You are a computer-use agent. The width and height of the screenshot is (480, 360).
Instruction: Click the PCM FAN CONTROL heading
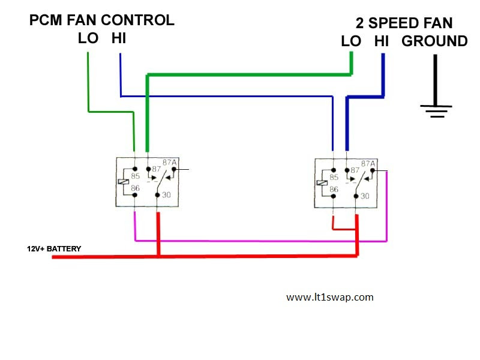coord(102,20)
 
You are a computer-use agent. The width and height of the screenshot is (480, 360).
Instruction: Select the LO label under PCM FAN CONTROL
coord(88,39)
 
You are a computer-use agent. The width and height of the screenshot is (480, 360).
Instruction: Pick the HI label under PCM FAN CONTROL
coord(119,39)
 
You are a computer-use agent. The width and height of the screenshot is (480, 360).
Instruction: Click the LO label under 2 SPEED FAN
coord(351,41)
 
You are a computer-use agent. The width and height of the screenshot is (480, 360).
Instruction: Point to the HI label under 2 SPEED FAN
coord(382,41)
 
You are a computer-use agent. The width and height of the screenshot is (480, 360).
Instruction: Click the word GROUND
coord(434,41)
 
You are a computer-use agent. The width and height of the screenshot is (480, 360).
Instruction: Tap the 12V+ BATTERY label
coord(54,248)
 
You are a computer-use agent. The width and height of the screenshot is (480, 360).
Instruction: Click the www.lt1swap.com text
coord(330,297)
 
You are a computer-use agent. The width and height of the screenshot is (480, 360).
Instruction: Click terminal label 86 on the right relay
coord(334,189)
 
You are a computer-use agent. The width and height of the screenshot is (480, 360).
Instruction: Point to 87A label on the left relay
coord(170,163)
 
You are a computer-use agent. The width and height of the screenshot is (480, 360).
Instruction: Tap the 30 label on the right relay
coord(365,196)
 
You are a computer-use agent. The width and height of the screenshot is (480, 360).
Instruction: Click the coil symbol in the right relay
coord(322,183)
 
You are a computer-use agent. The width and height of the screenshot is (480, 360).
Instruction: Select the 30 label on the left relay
coord(166,195)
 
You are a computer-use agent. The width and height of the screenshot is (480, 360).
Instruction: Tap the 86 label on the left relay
coord(135,188)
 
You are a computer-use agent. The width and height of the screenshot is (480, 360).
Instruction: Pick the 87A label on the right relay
coord(368,163)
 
